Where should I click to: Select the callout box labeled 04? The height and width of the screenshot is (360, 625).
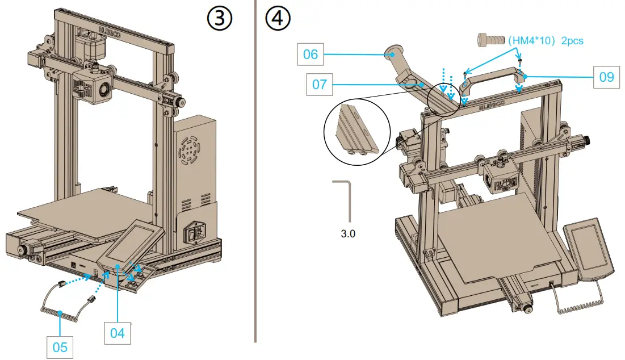[117, 333]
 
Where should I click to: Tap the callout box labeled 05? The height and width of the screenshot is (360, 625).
[60, 347]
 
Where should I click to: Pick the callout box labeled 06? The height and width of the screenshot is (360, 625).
[311, 55]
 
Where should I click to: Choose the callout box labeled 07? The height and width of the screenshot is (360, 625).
[320, 85]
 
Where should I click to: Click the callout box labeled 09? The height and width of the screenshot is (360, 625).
[606, 77]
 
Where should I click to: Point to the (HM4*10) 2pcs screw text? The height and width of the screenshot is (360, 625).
[545, 41]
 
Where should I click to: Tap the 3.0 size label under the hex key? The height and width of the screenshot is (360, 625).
[348, 233]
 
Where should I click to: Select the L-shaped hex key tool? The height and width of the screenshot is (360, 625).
[346, 199]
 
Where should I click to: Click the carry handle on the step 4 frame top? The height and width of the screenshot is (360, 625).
[492, 77]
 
